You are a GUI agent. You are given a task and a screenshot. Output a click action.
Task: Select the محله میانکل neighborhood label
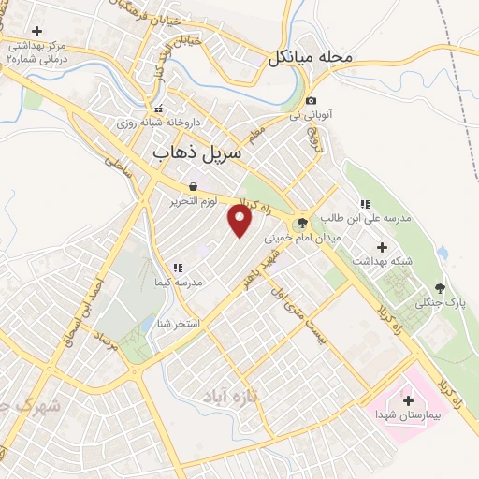311,57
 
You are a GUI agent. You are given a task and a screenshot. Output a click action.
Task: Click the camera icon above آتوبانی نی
312,101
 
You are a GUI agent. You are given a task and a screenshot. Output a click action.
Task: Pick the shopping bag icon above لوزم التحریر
193,187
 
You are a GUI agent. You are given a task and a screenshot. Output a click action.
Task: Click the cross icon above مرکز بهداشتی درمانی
36,32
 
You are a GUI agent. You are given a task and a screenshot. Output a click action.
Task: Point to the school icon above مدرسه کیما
177,268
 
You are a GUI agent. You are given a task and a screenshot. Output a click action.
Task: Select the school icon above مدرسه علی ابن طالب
365,204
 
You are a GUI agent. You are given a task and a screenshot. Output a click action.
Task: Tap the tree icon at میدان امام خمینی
301,223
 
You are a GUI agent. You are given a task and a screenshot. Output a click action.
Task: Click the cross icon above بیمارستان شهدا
408,400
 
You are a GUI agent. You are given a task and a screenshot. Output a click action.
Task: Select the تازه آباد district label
228,397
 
